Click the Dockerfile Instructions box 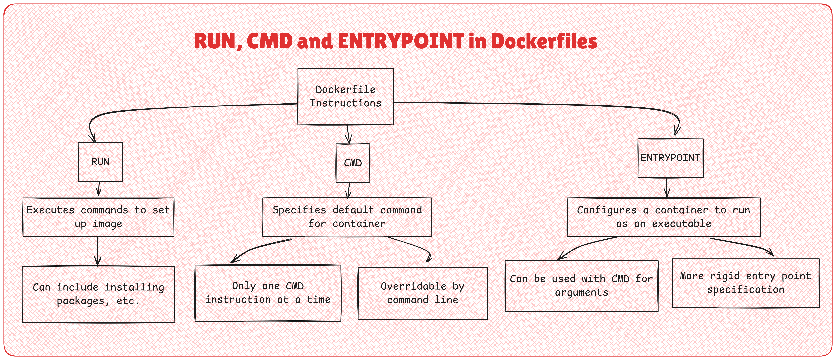click(346, 96)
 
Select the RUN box click(100, 162)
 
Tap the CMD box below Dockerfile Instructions click(353, 163)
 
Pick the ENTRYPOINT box click(670, 158)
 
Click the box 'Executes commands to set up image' click(98, 217)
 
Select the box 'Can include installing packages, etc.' click(98, 294)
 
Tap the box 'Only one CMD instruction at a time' click(268, 293)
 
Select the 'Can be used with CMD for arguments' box click(581, 286)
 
